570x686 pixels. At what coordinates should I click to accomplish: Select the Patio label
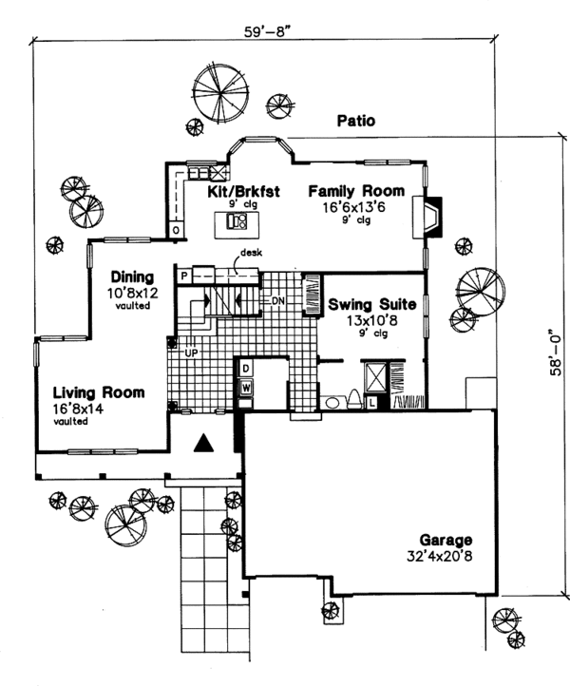[355, 121]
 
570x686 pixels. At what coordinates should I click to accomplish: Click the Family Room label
[356, 191]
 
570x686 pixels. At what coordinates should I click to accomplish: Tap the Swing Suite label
[371, 306]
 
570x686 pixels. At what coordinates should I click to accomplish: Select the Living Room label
[99, 391]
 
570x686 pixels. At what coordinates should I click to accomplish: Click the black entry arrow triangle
[203, 441]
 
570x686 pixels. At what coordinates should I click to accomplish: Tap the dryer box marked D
[244, 367]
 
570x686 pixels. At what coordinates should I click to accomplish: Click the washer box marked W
[244, 387]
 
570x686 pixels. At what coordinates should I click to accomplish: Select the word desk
[251, 253]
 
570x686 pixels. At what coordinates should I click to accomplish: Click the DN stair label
[278, 300]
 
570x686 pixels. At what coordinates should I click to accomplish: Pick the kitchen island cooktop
[237, 222]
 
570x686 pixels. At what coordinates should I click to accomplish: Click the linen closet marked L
[371, 404]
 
